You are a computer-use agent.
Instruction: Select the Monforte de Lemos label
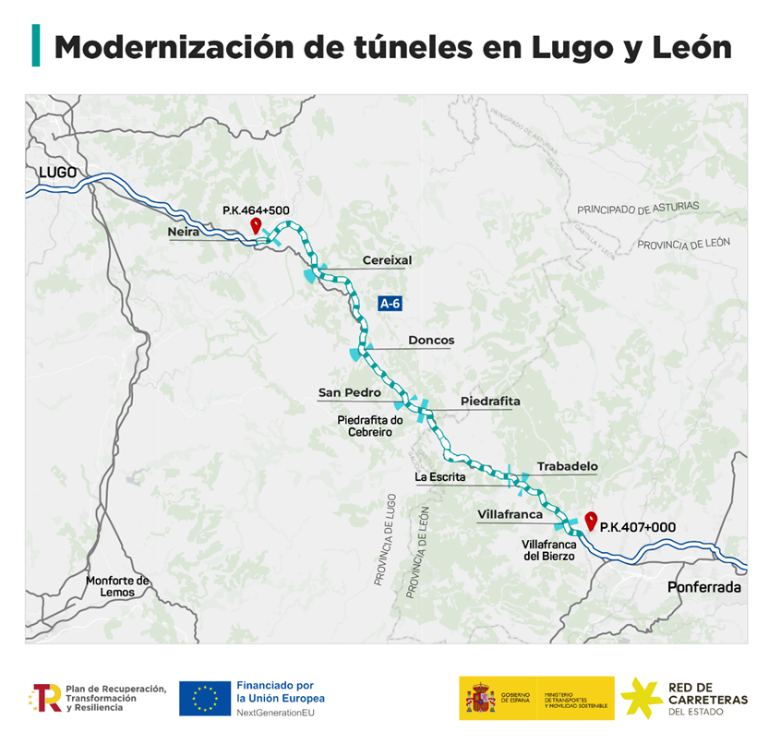117,586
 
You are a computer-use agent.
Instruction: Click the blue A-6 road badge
390,303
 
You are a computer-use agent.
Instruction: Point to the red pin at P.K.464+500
256,225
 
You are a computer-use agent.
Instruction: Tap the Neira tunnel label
183,233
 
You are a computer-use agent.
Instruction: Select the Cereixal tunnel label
387,260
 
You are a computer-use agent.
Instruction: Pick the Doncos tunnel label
431,341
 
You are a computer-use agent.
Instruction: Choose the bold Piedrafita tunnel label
490,402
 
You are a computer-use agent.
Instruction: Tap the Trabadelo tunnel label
567,467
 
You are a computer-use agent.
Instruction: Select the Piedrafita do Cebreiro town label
370,426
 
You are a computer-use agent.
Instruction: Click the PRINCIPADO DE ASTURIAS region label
638,209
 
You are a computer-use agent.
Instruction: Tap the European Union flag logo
205,699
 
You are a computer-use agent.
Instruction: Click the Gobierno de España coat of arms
481,699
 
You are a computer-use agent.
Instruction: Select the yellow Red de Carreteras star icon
641,699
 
